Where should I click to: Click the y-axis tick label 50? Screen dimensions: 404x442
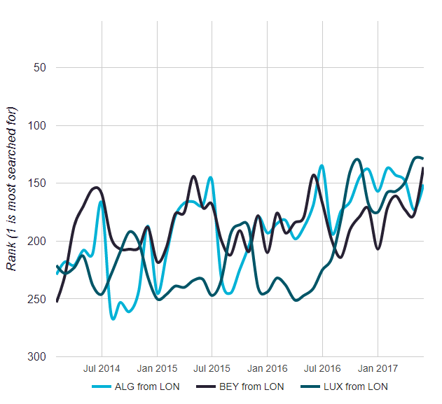pos(39,68)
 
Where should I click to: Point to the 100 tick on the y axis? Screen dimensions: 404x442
pos(36,126)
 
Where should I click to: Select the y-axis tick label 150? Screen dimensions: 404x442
pos(36,183)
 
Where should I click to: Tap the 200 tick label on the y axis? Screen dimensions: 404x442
pos(36,242)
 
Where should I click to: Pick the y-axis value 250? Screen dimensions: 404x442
pos(36,299)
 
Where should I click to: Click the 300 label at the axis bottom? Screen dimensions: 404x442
pos(36,357)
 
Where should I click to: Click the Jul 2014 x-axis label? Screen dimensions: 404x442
pos(102,368)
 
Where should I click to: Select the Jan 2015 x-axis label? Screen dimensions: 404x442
pos(157,368)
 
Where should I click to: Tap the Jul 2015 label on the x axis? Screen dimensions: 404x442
pos(212,368)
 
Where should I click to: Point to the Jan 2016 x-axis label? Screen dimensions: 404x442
pos(268,368)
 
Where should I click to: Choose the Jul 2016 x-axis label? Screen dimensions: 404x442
pos(323,368)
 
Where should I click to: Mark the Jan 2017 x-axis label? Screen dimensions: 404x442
pos(378,368)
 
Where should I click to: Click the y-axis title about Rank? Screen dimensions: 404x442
pos(12,190)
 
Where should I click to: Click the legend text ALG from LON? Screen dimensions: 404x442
pos(152,386)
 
